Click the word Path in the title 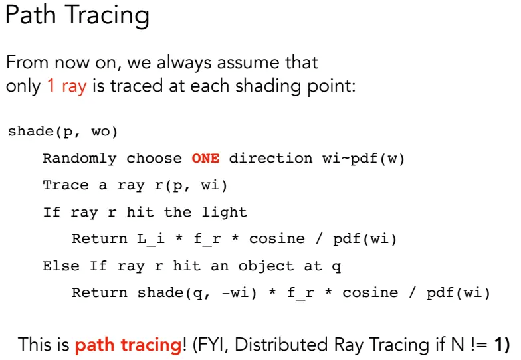(31, 15)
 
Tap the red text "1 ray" (67, 86)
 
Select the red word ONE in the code (205, 158)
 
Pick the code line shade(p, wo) (62, 132)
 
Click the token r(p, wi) (191, 186)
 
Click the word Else (61, 266)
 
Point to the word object (266, 266)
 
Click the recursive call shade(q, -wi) (197, 293)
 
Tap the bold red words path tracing (128, 345)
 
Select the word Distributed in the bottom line (281, 344)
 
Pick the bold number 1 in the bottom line (498, 344)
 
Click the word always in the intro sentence (184, 63)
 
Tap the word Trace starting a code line (66, 185)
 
